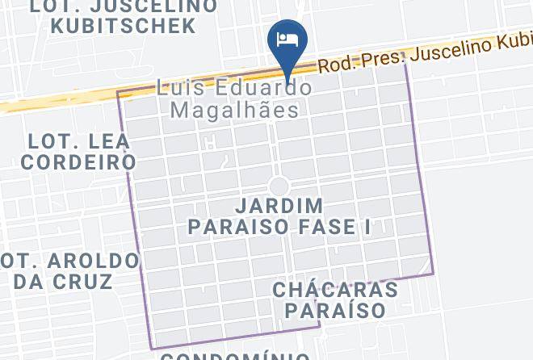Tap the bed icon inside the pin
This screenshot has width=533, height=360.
pyautogui.click(x=287, y=38)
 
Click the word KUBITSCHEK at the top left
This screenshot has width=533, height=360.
pyautogui.click(x=123, y=25)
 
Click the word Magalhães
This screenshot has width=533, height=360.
pyautogui.click(x=235, y=109)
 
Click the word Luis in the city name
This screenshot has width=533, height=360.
pyautogui.click(x=179, y=86)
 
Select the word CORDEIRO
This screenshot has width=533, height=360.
pyautogui.click(x=78, y=161)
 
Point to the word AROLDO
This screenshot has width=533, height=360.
pyautogui.click(x=94, y=262)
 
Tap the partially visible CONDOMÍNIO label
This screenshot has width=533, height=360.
pyautogui.click(x=234, y=355)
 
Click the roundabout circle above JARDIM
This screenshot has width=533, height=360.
pyautogui.click(x=279, y=186)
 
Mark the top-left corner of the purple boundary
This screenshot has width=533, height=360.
pyautogui.click(x=119, y=93)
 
